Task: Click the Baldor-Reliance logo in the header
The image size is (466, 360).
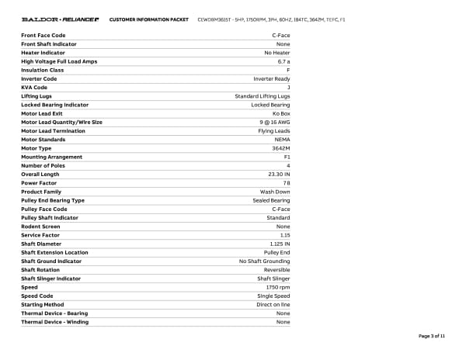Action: [60, 19]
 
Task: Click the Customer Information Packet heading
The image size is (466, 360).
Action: [148, 19]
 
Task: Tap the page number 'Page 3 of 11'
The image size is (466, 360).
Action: [431, 336]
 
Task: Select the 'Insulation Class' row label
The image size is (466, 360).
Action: [43, 70]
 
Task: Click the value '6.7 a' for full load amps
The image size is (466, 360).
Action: [283, 61]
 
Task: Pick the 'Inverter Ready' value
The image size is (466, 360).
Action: [272, 78]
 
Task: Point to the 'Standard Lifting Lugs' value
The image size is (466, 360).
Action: [263, 96]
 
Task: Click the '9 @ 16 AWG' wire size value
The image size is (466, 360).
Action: [275, 122]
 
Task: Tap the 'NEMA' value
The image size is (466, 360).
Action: [283, 140]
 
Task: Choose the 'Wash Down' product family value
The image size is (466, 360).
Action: [275, 192]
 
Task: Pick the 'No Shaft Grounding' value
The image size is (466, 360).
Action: [264, 261]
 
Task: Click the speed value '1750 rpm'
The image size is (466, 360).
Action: [278, 287]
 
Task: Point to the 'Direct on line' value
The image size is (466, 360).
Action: [273, 304]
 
